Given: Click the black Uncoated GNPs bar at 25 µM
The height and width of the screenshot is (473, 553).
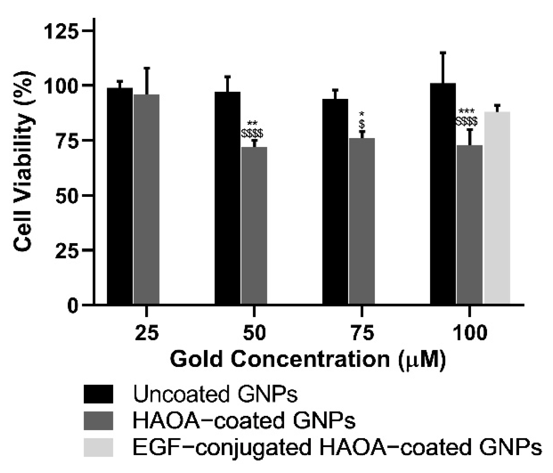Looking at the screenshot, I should coord(120,196).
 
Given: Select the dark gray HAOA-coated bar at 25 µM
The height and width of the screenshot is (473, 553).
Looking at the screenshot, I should coord(146,199).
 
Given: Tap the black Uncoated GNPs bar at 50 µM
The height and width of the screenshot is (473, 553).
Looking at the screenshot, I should coord(228,197).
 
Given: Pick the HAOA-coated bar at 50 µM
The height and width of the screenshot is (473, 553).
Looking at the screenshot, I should coord(254,225).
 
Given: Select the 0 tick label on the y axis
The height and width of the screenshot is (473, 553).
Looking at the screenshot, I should coord(73,306).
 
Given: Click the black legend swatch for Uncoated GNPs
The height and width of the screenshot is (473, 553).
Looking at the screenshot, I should coord(98,394).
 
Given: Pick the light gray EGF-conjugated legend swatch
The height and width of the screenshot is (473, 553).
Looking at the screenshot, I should coord(98,448).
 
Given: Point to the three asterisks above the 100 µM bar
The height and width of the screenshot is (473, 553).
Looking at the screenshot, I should coord(467,111).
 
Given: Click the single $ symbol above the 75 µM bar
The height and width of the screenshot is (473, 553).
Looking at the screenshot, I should coord(362,124).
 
